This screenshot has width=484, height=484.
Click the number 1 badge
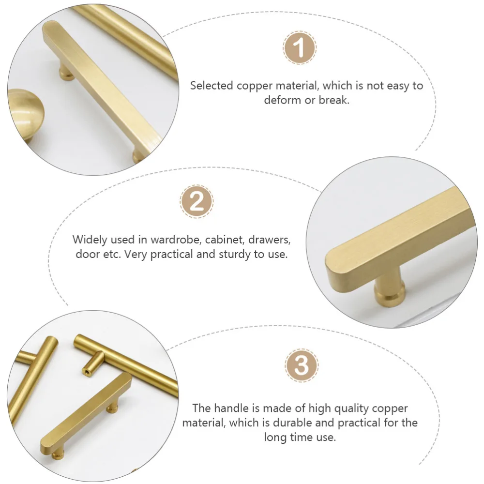[x=300, y=48]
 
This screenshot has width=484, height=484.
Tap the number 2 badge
[x=197, y=201]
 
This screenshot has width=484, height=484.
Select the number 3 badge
[x=301, y=365]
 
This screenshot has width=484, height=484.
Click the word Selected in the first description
[x=212, y=86]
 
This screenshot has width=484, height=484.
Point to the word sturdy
[x=235, y=255]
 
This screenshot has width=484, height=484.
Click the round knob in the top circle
[x=26, y=115]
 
